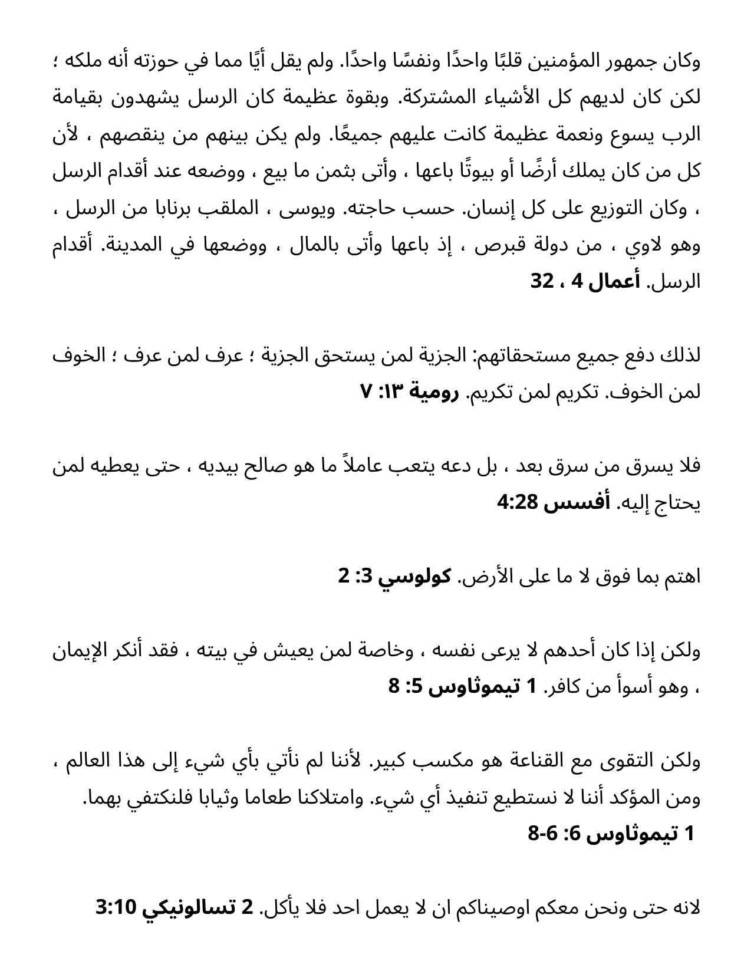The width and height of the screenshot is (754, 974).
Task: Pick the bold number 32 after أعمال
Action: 542,282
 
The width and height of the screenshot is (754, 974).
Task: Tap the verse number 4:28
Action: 515,503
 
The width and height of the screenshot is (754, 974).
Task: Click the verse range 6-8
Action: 542,834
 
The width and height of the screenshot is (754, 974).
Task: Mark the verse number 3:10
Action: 116,908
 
